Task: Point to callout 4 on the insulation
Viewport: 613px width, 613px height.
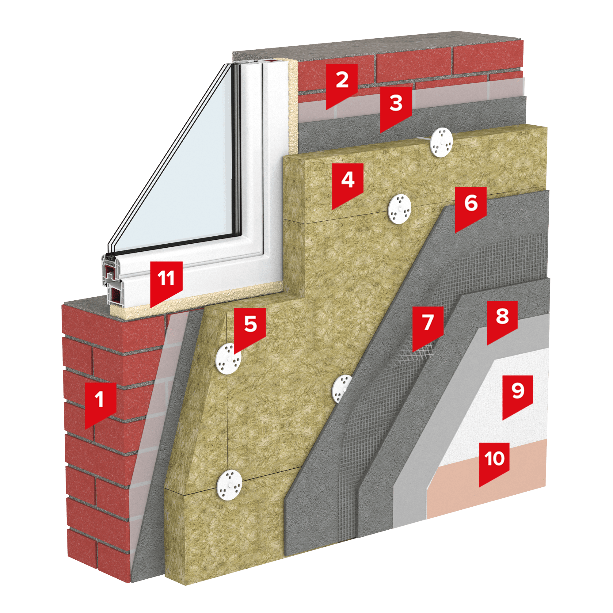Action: [x=348, y=184]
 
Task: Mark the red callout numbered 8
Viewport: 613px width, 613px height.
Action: [x=502, y=321]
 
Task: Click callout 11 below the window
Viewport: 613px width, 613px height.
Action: [x=166, y=282]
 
